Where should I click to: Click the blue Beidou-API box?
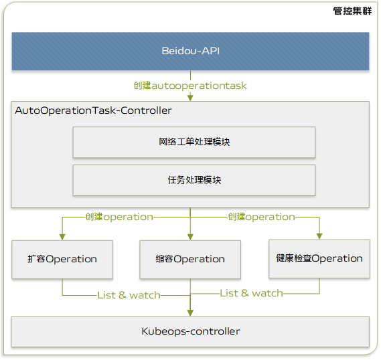point(190,51)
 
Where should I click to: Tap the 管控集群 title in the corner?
point(352,11)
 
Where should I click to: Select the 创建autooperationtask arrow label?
point(190,86)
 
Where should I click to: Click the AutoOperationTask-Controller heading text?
point(93,110)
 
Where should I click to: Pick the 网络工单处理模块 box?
point(194,142)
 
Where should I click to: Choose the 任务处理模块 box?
point(194,180)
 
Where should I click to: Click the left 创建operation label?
point(119,217)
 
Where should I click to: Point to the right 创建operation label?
point(261,217)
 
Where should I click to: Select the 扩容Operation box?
point(62,259)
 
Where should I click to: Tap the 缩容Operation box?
point(190,260)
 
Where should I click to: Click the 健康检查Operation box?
point(319,258)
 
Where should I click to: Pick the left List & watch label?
point(129,295)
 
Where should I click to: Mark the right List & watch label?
point(251,293)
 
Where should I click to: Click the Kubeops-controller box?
point(190,331)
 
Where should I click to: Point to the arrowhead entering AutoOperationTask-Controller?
point(190,98)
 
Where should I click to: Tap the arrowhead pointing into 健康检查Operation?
point(319,236)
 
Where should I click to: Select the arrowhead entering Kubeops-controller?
point(190,312)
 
